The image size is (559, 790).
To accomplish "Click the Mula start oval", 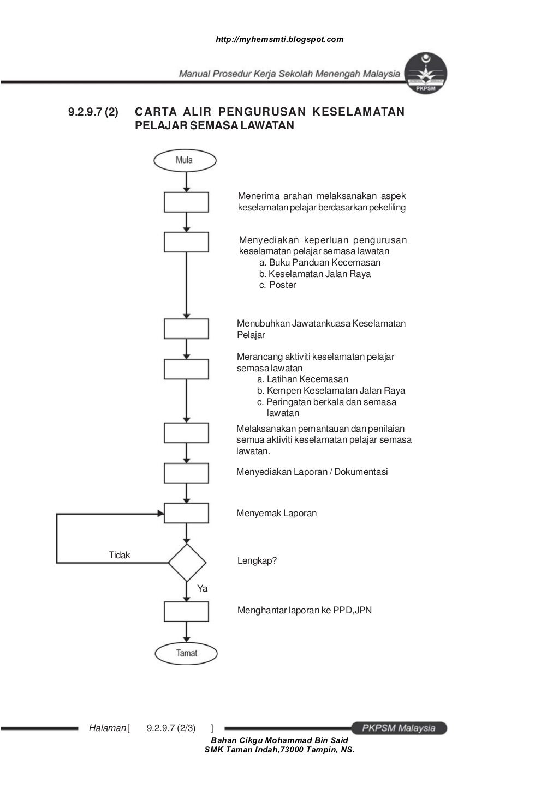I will (x=185, y=160).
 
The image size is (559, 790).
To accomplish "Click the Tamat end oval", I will (x=186, y=653).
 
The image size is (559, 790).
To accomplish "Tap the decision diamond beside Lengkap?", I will (x=187, y=562).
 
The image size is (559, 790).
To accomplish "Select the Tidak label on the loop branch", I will (x=120, y=555).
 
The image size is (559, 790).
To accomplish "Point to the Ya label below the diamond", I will (x=203, y=589).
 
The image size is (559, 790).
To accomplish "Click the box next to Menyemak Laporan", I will (x=186, y=513).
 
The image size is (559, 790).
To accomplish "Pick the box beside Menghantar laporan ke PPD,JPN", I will (x=186, y=611).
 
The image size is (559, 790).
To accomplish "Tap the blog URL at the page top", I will (x=279, y=39).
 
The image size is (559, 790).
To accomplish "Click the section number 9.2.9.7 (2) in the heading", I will (x=93, y=112).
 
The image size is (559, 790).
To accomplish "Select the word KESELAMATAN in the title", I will (x=358, y=112).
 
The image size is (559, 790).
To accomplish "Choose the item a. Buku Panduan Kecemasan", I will (x=319, y=262).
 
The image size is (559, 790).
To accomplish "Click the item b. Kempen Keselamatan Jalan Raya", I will (x=331, y=390).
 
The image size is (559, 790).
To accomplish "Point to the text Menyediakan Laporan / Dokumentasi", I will (x=312, y=472).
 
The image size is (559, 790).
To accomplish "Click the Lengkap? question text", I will (x=257, y=561).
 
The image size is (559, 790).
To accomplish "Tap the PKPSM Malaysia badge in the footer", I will (x=398, y=728).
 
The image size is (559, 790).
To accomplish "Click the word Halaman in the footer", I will (x=107, y=728).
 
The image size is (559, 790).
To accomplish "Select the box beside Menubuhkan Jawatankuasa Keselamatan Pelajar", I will (x=186, y=329).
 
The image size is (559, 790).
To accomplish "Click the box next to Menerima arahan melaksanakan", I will (x=186, y=202).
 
